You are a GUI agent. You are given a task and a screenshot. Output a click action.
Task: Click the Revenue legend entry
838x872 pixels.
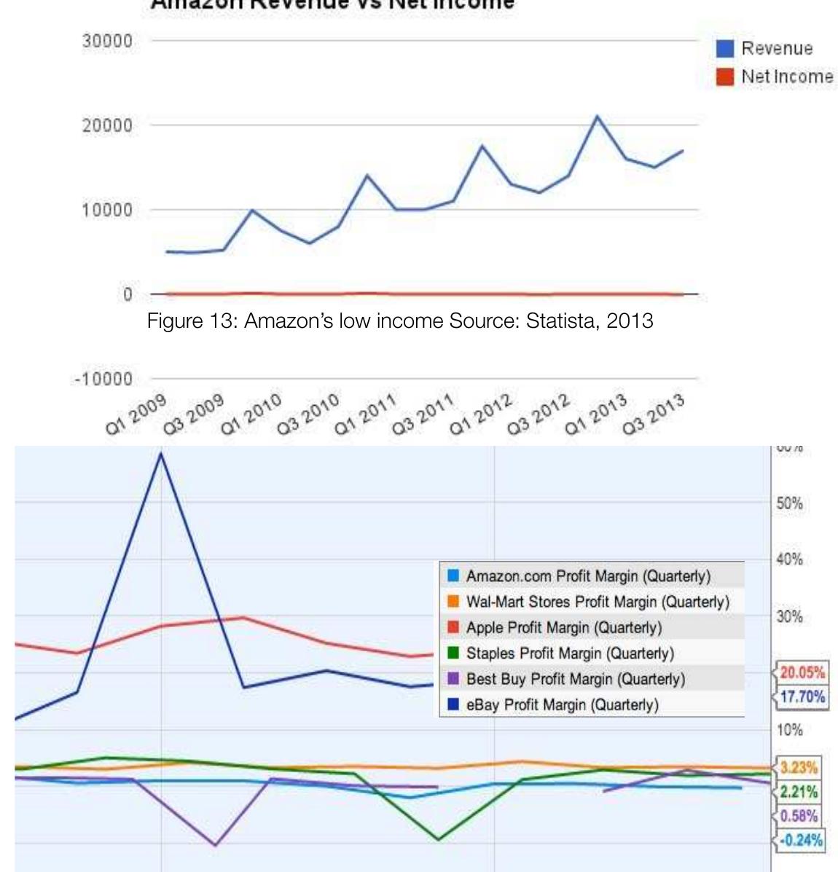pyautogui.click(x=775, y=49)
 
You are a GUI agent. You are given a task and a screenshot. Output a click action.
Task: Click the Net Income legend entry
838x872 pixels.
pyautogui.click(x=786, y=76)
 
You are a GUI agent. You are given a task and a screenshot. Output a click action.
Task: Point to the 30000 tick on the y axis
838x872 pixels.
pyautogui.click(x=107, y=41)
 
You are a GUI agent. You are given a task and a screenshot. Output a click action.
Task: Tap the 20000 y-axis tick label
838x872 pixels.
pyautogui.click(x=107, y=125)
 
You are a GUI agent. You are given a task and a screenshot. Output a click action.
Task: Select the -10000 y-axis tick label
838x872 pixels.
pyautogui.click(x=103, y=379)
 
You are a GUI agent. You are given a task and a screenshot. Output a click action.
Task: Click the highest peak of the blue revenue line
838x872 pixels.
pyautogui.click(x=598, y=116)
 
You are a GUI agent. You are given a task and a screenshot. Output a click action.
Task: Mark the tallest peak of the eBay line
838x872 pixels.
pyautogui.click(x=160, y=453)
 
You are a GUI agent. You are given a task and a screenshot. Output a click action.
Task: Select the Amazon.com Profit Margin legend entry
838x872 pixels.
pyautogui.click(x=587, y=576)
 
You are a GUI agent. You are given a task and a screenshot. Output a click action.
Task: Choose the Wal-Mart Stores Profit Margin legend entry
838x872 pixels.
pyautogui.click(x=597, y=602)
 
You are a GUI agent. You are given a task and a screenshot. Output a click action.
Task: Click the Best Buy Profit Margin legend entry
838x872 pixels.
pyautogui.click(x=575, y=679)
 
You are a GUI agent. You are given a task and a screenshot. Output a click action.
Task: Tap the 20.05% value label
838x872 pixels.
pyautogui.click(x=802, y=672)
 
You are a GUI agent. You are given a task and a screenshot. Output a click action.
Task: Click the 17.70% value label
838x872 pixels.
pyautogui.click(x=802, y=697)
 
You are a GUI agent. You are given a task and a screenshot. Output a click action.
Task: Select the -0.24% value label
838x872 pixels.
pyautogui.click(x=801, y=840)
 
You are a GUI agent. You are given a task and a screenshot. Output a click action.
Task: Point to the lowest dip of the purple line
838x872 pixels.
pyautogui.click(x=215, y=845)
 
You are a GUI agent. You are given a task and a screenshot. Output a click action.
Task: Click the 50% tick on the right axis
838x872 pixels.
pyautogui.click(x=790, y=503)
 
